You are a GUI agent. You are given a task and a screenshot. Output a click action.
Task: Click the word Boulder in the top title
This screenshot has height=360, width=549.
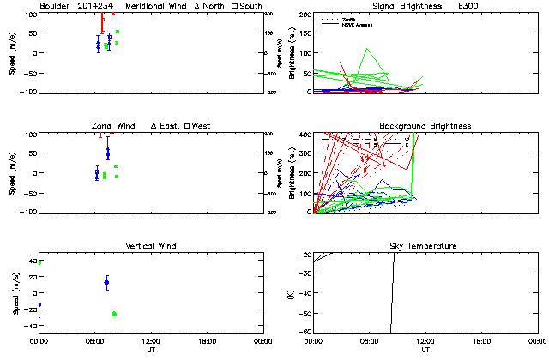coord(54,6)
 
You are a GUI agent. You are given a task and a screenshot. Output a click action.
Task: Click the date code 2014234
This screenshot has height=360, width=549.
coord(94,6)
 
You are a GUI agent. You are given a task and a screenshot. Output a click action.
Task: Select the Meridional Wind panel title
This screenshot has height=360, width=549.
coord(156,6)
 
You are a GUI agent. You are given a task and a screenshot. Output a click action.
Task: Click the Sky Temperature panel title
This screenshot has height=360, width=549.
coord(425,246)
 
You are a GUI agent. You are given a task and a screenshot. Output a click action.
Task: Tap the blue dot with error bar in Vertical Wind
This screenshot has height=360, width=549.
coord(106,282)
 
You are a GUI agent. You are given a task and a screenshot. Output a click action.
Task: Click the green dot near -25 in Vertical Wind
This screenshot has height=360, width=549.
coord(114,314)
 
